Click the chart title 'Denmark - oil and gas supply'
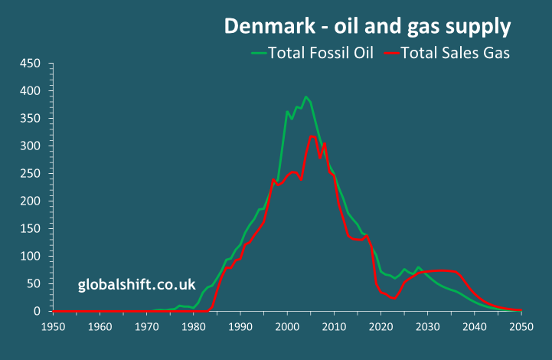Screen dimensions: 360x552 367,26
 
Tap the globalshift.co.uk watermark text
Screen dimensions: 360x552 137,285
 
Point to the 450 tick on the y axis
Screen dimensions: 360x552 31,64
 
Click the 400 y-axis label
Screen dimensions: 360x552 31,91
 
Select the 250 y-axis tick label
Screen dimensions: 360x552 31,174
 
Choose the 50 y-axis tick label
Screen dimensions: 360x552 34,284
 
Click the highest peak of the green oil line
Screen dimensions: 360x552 306,97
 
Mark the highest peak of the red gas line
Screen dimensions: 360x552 312,136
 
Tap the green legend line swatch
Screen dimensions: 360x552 259,53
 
